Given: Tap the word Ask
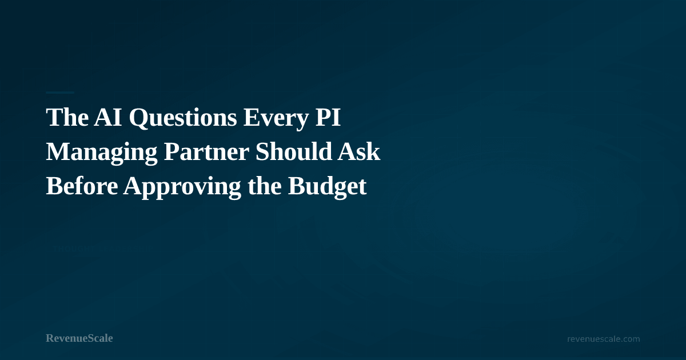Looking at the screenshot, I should tap(359, 153).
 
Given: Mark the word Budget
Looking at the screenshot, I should tap(327, 187).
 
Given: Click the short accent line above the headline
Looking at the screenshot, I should tap(60, 92).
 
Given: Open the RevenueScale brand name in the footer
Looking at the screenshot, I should tap(79, 338).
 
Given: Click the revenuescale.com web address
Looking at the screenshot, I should tap(603, 339).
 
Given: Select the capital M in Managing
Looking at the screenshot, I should tap(56, 153).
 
